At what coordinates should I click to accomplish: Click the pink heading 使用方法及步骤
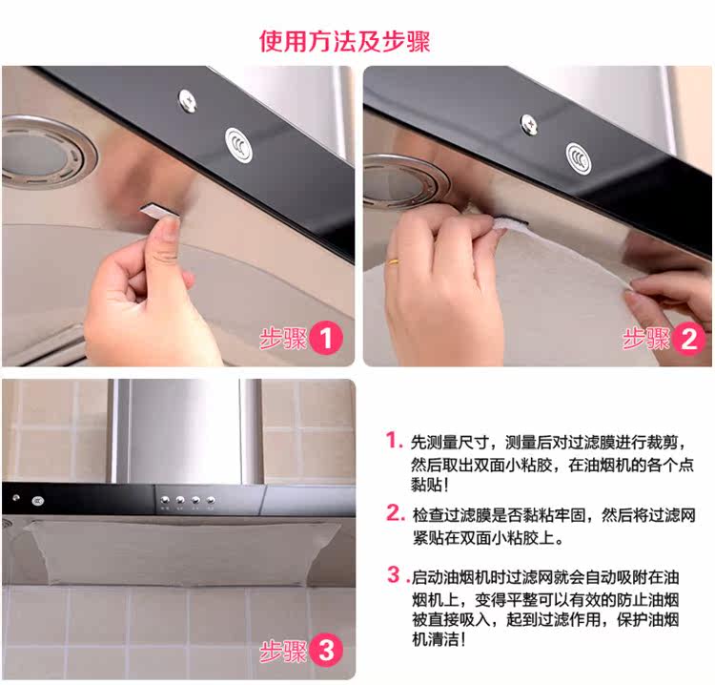coord(345,42)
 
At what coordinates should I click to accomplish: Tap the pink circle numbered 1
coord(326,339)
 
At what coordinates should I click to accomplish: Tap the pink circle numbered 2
coord(688,339)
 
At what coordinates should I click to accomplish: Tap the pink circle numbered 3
coord(326,650)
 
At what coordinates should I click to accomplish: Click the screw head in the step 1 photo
coord(188,100)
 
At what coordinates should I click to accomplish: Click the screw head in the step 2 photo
coord(529,125)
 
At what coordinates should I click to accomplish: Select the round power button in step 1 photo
coord(238,145)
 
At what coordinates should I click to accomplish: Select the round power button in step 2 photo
coord(579,158)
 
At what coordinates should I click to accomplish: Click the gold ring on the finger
coord(393,262)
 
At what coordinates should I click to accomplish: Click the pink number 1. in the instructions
coord(394,441)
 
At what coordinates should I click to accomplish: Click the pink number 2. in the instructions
coord(395,513)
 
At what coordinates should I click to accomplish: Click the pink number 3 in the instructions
coord(394,574)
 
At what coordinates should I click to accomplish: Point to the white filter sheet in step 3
coord(182,552)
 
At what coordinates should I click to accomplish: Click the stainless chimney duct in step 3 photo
coord(186,431)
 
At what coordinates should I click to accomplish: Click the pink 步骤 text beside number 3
coord(283,651)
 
